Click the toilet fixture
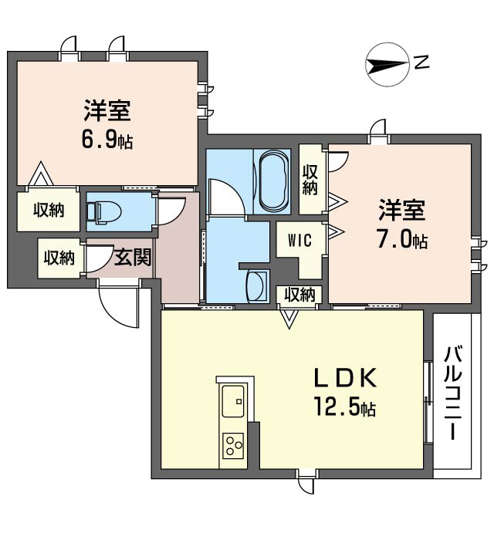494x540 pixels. (103, 211)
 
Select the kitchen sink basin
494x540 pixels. (233, 400)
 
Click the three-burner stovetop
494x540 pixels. (233, 446)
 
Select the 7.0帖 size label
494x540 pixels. (402, 240)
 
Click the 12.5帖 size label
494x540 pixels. (344, 407)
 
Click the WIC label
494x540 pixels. (299, 240)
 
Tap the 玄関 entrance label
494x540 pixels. (133, 257)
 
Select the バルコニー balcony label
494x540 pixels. (454, 393)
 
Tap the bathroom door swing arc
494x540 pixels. (226, 196)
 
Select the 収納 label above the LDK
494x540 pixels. (299, 295)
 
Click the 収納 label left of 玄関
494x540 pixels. (59, 258)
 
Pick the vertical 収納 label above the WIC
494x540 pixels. (310, 180)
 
